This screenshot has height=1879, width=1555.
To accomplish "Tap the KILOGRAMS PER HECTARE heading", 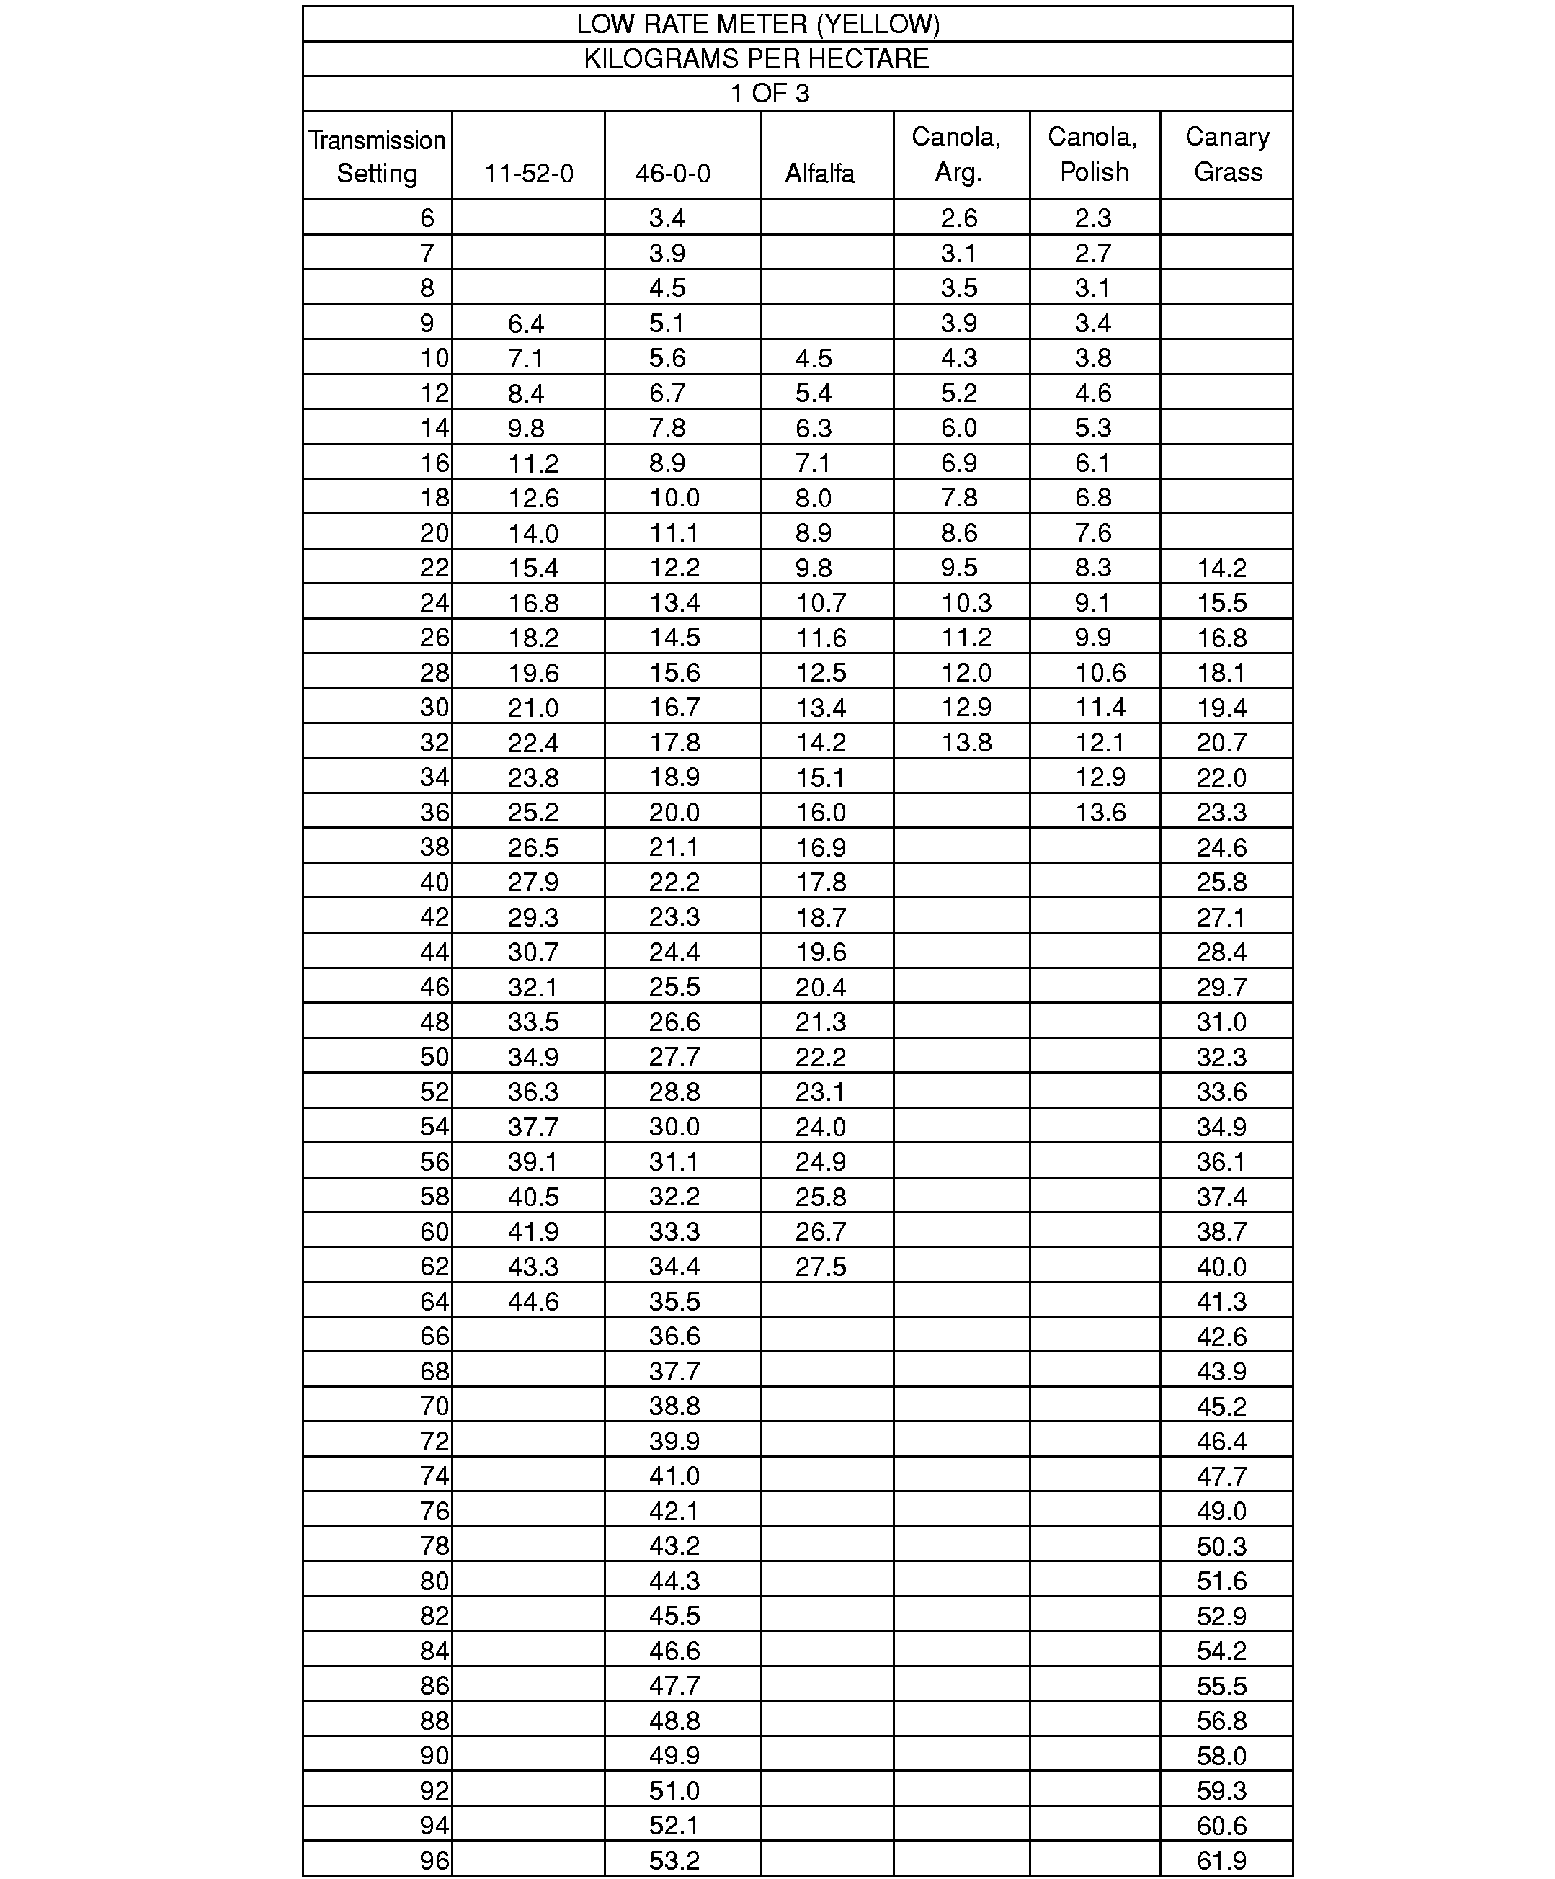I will tap(757, 59).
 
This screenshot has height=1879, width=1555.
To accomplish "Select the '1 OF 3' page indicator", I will tap(770, 94).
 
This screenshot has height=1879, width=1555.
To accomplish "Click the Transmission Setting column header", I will tap(377, 156).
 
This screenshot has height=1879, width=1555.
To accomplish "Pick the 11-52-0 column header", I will tap(528, 173).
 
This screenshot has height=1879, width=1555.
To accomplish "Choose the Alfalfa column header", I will tap(819, 173).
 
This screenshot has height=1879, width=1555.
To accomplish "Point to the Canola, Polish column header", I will tap(1092, 154).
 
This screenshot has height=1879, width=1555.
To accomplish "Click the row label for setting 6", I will tap(427, 218).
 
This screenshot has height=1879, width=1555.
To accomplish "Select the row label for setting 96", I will tap(434, 1860).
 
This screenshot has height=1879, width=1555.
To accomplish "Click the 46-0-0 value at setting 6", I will tap(667, 218).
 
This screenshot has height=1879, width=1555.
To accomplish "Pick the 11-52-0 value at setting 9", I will tap(526, 323).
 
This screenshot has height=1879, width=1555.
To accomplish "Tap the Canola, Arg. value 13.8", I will tap(966, 743).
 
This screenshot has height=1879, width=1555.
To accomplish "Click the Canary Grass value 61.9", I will tap(1221, 1860).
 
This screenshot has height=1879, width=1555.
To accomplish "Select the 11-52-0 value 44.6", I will tap(533, 1301).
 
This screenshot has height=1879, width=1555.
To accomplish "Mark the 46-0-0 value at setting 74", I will tap(674, 1476).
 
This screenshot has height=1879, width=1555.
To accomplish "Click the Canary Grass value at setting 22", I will tap(1221, 567).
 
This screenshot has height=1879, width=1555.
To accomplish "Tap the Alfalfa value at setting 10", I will tap(814, 358).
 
